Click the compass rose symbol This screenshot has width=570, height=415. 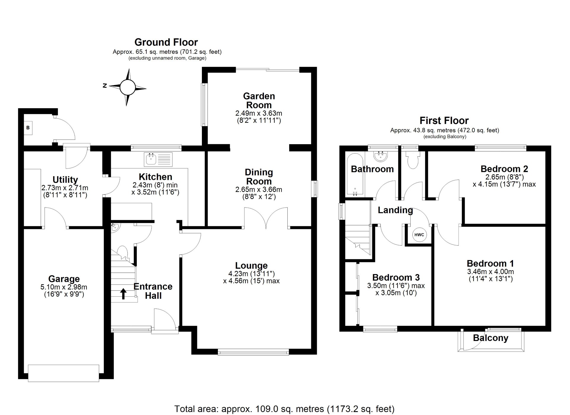(x=128, y=87)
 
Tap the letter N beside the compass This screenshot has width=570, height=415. (x=105, y=86)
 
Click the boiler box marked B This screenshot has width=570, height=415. (x=28, y=128)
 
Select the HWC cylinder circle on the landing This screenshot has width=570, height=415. (x=419, y=235)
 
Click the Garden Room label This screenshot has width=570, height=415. (x=259, y=100)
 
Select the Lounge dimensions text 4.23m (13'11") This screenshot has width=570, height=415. (x=251, y=273)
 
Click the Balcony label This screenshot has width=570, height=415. (x=490, y=338)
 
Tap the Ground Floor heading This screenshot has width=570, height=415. (x=166, y=42)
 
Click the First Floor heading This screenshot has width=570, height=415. (x=444, y=120)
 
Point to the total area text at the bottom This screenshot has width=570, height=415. (x=284, y=409)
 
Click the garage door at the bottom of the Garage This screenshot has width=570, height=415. (x=64, y=373)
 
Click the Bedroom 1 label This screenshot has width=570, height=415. (x=490, y=263)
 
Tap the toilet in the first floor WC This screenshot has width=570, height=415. (x=413, y=161)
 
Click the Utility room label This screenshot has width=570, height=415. (x=65, y=180)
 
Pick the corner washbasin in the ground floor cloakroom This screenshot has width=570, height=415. (x=115, y=228)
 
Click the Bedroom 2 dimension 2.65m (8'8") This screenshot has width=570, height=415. (x=504, y=177)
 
